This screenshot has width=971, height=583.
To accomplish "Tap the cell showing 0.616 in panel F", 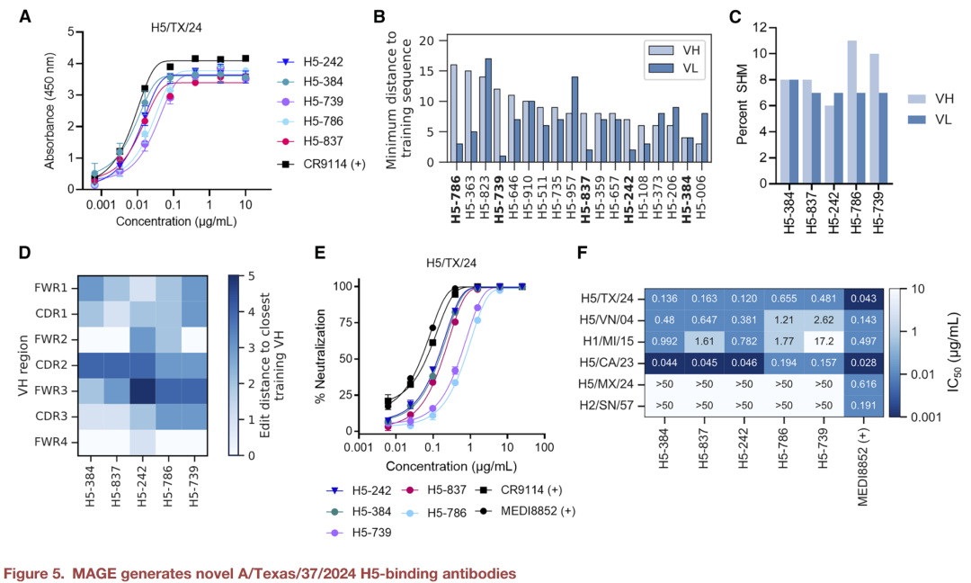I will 862,383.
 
